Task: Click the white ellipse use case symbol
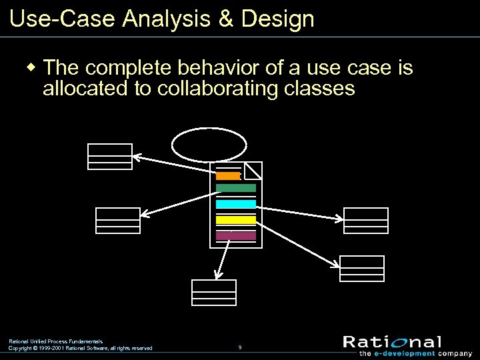pyautogui.click(x=209, y=144)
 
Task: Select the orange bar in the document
pyautogui.click(x=228, y=176)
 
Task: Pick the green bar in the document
pyautogui.click(x=235, y=188)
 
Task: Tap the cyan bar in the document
pyautogui.click(x=235, y=204)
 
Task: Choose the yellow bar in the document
pyautogui.click(x=235, y=219)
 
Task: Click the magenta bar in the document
pyautogui.click(x=235, y=235)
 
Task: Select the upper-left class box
pyautogui.click(x=110, y=157)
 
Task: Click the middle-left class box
pyautogui.click(x=118, y=221)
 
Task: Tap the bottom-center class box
pyautogui.click(x=214, y=293)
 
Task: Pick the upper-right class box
pyautogui.click(x=366, y=221)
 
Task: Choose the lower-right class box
pyautogui.click(x=362, y=269)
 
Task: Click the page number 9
pyautogui.click(x=240, y=347)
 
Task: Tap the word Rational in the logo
pyautogui.click(x=392, y=342)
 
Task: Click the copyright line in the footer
pyautogui.click(x=80, y=348)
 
